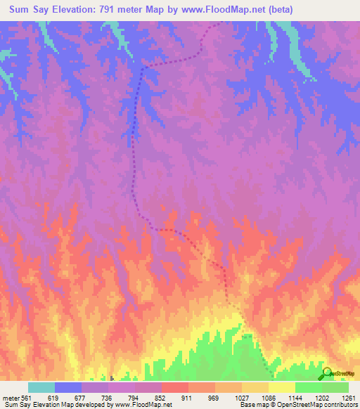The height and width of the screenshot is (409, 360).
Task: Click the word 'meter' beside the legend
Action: (x=11, y=396)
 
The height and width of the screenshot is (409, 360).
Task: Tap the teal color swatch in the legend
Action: (x=41, y=387)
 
